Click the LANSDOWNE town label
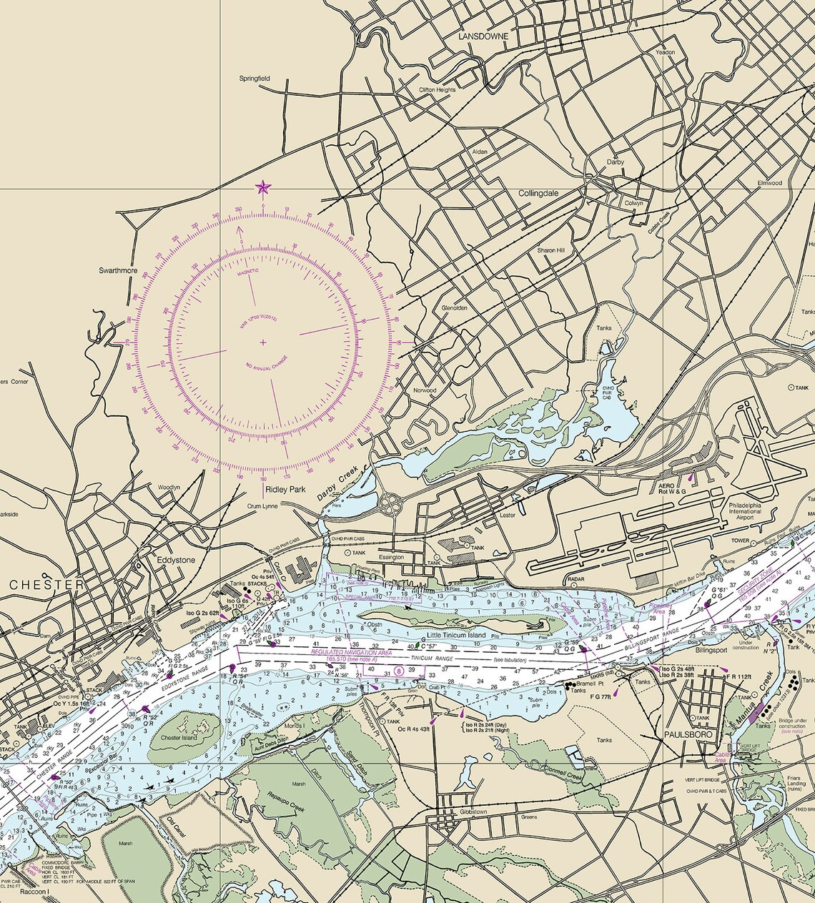483,36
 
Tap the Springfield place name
255,78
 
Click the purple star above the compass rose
263,188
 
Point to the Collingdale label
538,194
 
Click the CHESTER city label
46,585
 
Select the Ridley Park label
285,490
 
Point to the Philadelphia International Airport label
745,510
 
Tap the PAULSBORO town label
686,734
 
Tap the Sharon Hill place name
551,251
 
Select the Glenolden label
455,308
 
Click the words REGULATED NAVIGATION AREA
351,652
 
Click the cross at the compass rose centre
263,342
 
